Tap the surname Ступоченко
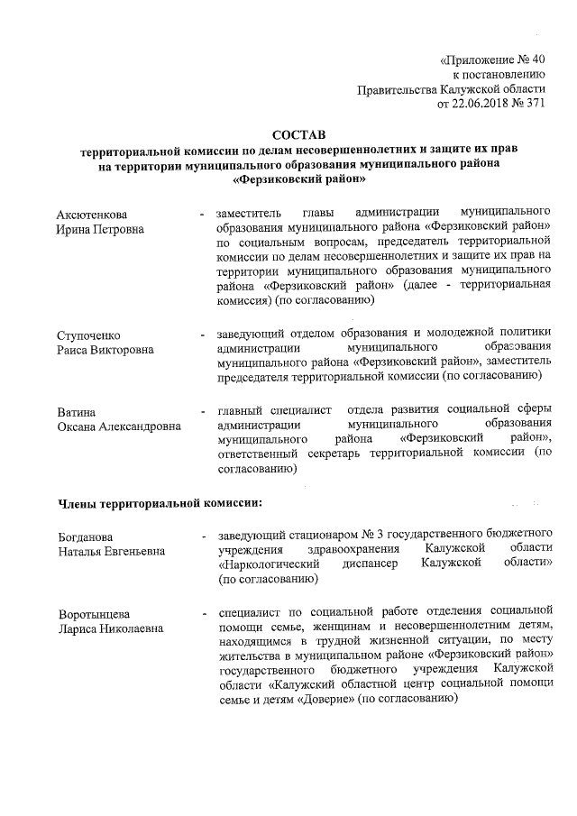click(x=88, y=335)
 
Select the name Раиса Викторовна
click(x=105, y=350)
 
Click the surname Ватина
click(x=76, y=412)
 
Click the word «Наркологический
click(x=268, y=564)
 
